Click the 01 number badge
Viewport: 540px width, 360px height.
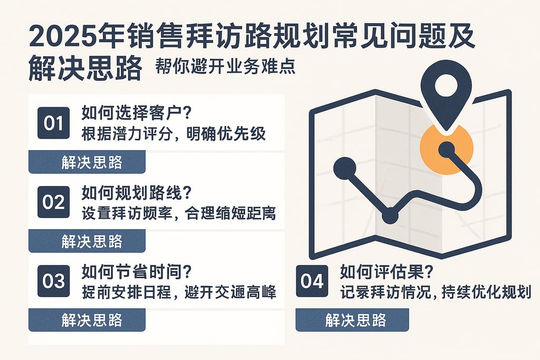click(x=53, y=123)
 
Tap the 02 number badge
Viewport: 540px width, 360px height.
click(x=53, y=202)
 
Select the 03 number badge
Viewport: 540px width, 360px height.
click(x=53, y=281)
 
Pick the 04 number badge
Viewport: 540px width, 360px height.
click(x=311, y=281)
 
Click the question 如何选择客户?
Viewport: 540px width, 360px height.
click(x=136, y=113)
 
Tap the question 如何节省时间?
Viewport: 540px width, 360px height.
click(x=136, y=272)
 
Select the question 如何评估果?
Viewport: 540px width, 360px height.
click(x=387, y=272)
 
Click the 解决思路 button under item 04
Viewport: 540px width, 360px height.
click(x=352, y=320)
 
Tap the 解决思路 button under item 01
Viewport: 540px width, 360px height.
click(x=87, y=162)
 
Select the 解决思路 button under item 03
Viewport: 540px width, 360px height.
click(x=87, y=319)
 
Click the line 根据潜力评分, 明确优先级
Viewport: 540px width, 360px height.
click(x=173, y=134)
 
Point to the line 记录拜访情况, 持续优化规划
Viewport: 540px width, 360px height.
click(x=435, y=292)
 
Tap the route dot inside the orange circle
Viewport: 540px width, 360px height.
click(x=447, y=150)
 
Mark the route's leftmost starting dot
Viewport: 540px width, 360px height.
click(x=345, y=168)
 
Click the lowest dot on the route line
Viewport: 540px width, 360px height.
click(x=390, y=215)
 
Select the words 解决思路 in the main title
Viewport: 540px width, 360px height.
click(x=85, y=69)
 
